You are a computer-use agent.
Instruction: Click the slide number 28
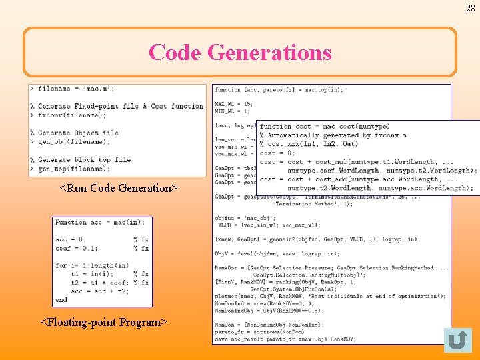tap(471, 8)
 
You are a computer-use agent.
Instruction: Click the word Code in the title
tap(175, 52)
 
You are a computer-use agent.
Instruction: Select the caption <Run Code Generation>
tap(119, 188)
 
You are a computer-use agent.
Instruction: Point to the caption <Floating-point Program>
tap(103, 322)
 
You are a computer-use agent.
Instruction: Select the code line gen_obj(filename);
tap(73, 141)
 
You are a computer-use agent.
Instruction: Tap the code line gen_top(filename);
tap(73, 168)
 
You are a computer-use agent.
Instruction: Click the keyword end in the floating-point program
tap(61, 300)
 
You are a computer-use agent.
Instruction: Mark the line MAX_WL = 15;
tap(225, 103)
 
